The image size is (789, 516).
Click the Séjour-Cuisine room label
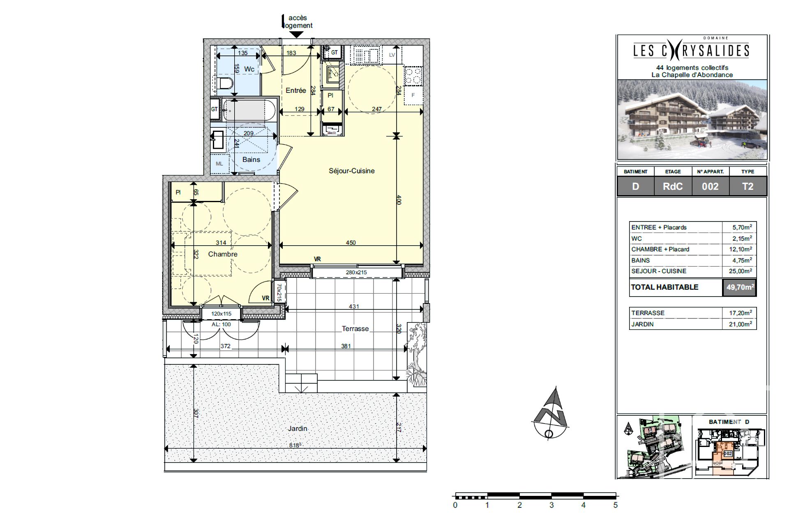(351, 171)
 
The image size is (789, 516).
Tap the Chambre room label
(222, 254)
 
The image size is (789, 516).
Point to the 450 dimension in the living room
(351, 243)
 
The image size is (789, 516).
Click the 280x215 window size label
(356, 272)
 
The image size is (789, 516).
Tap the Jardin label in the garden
(297, 428)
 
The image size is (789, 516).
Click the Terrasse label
(355, 329)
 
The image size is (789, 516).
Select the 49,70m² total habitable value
(739, 288)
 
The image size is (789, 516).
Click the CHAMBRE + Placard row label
(660, 249)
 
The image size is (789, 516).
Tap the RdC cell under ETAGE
(673, 187)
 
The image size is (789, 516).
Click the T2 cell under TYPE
(747, 187)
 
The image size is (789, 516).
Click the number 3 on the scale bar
(551, 505)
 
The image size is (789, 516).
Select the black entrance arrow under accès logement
(296, 35)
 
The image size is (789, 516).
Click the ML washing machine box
(219, 164)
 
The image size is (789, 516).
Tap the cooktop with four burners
(413, 76)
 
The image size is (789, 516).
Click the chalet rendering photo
(692, 119)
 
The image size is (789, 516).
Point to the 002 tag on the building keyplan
(728, 454)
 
